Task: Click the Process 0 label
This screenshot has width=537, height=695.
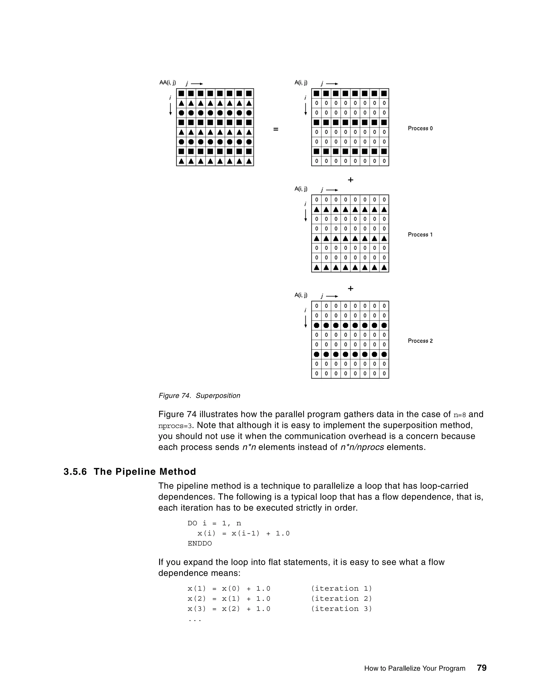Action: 420,128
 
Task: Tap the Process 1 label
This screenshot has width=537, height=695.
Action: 420,234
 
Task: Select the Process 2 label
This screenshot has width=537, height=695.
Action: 420,341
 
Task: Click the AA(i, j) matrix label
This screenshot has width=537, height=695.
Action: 167,83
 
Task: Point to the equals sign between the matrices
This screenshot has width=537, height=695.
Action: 276,129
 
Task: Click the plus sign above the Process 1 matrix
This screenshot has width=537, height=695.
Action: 350,180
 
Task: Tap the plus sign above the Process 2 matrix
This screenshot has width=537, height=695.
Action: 350,288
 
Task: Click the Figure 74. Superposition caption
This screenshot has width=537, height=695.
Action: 199,395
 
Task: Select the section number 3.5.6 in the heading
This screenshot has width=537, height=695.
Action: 75,472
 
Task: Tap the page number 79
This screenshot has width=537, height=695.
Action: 482,668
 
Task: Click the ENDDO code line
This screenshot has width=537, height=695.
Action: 200,543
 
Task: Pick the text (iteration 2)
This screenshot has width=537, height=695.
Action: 341,598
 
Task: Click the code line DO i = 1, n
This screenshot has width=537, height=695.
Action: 214,523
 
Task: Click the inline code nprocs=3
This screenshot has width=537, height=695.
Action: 175,426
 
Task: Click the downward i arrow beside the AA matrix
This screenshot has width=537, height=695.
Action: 170,109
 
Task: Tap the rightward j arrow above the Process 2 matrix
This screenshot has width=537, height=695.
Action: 332,296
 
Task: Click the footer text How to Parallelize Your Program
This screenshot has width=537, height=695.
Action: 415,669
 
